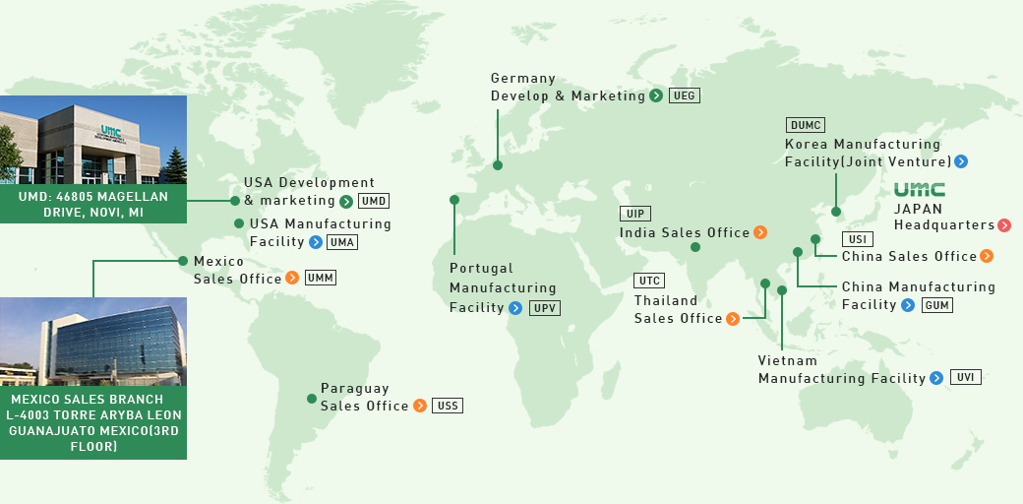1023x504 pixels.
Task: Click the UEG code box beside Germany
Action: tap(685, 95)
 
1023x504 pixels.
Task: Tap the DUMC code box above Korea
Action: tap(806, 125)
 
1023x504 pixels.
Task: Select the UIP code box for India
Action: tap(634, 214)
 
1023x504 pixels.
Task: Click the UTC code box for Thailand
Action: tap(649, 281)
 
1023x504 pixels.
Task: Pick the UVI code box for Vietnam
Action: tap(965, 377)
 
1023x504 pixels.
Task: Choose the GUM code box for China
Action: tap(936, 305)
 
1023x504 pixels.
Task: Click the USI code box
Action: tap(857, 239)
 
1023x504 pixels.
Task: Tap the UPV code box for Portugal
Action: tap(544, 308)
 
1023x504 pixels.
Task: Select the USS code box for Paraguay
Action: tap(448, 406)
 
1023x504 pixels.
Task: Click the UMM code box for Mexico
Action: tap(321, 278)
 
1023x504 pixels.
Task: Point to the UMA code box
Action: tap(342, 241)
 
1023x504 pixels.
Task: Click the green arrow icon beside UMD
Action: tap(346, 202)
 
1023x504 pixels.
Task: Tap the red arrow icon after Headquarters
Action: tap(1004, 225)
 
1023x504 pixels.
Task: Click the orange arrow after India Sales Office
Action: tap(759, 233)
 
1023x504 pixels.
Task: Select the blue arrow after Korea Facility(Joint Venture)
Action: tap(961, 161)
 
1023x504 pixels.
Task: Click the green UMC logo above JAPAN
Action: tap(920, 190)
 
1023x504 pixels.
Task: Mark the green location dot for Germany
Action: tap(498, 165)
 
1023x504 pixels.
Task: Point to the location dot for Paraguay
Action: tap(312, 399)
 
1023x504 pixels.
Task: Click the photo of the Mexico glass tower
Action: tap(93, 342)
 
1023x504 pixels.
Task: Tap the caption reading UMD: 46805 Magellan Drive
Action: tap(93, 205)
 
